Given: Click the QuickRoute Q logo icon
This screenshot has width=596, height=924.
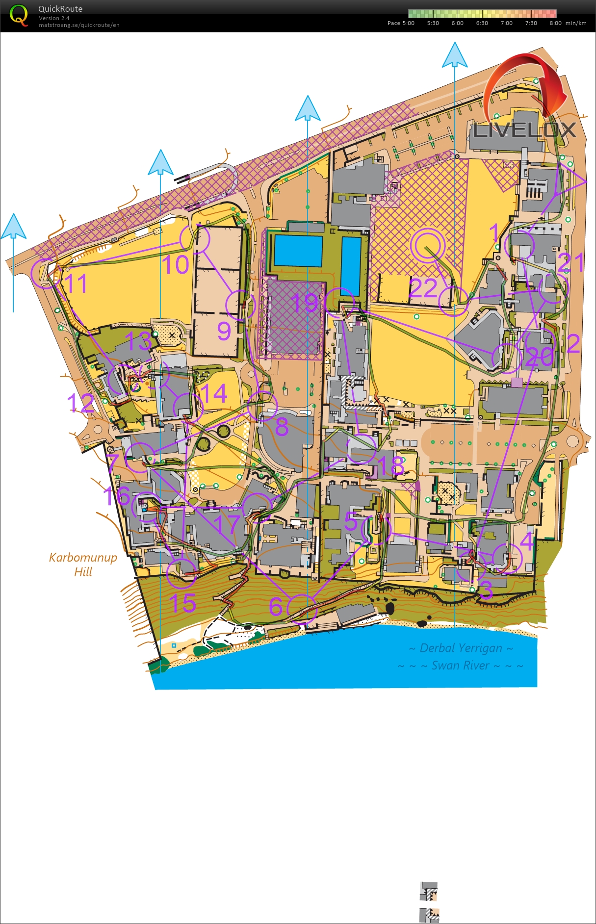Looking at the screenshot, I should coord(19,15).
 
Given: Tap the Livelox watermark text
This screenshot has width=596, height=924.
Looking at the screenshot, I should coord(524,130).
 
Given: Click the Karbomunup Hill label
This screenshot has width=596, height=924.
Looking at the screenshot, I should coord(83,564).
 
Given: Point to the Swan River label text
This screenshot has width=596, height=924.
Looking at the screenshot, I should coord(460,666).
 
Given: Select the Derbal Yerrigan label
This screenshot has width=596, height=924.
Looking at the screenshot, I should coord(461,648).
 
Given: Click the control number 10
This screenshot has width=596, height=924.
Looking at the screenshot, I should coord(176,265).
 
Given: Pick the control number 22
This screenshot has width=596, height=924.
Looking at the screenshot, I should coord(423,288).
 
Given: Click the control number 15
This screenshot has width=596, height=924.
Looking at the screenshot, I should coord(182,603).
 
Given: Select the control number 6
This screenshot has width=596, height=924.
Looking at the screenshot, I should coord(276,607).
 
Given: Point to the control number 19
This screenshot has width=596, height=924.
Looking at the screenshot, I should coord(305,303).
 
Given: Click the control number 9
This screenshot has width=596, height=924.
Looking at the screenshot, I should coord(224,331).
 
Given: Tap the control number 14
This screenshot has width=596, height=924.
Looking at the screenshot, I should coord(214,393).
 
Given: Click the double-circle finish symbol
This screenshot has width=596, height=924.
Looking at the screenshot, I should coord(428,245).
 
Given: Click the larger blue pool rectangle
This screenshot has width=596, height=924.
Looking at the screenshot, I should coord(298,251).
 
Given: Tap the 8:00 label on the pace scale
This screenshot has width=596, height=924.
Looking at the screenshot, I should coord(555,23).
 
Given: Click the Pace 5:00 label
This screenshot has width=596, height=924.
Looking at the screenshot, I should coord(401,23).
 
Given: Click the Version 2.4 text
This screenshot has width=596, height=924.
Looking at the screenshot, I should coord(54,18).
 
